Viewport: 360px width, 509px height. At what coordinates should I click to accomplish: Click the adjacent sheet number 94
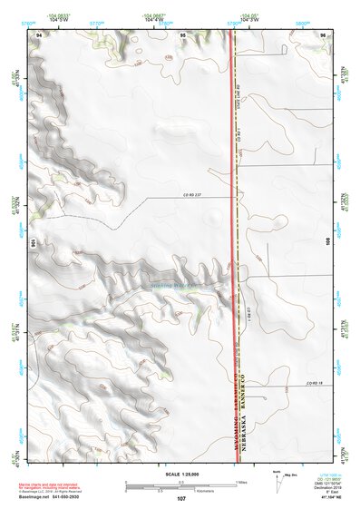pos(40,34)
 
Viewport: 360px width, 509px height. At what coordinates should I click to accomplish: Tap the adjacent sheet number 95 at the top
pos(182,34)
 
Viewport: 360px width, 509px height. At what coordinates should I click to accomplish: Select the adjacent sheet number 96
pos(323,34)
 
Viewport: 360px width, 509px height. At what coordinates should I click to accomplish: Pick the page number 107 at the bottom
pos(181,498)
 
